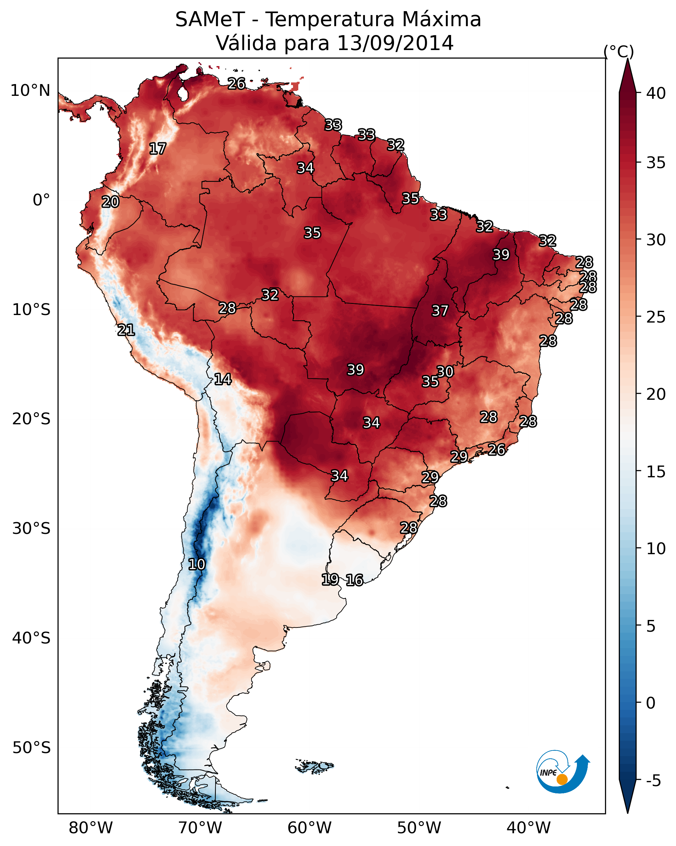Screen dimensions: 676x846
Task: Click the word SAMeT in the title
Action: (210, 19)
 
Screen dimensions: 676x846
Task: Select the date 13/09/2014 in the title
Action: (395, 43)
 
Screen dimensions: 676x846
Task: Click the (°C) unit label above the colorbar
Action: (619, 51)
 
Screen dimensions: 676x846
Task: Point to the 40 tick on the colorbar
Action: (656, 93)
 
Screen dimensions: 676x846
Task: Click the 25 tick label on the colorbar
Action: (656, 317)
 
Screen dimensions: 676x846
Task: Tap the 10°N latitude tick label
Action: (30, 91)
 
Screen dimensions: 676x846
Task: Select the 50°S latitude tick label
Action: (31, 748)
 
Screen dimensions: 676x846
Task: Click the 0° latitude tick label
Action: (42, 200)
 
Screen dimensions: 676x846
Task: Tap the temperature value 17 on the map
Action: (158, 149)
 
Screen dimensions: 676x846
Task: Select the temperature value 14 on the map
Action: (223, 379)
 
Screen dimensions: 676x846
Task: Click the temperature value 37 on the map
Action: (440, 311)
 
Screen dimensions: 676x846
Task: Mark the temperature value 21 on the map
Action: (126, 330)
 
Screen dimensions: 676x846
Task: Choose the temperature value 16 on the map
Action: (355, 580)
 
